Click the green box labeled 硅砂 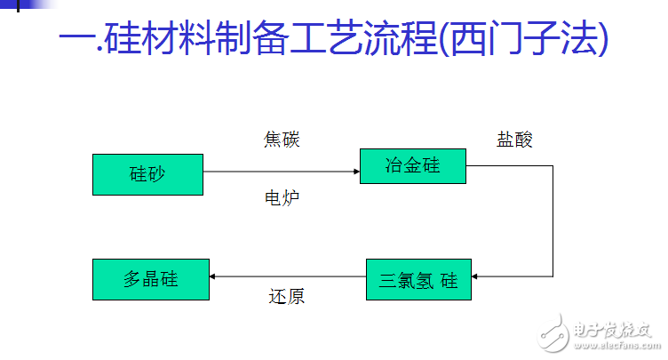pyautogui.click(x=147, y=174)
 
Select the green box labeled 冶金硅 pyautogui.click(x=413, y=166)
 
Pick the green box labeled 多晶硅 pyautogui.click(x=150, y=279)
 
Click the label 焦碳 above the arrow pyautogui.click(x=282, y=140)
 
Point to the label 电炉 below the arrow pyautogui.click(x=282, y=197)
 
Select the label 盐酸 pyautogui.click(x=514, y=140)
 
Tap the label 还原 pyautogui.click(x=286, y=297)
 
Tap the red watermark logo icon pyautogui.click(x=555, y=335)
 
